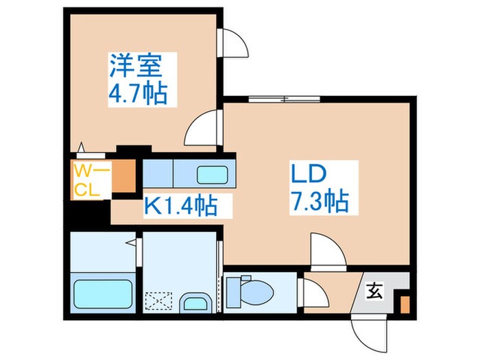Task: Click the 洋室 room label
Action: point(136,67)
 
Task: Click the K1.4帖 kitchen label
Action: point(180,205)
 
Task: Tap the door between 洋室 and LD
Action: point(203,128)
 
